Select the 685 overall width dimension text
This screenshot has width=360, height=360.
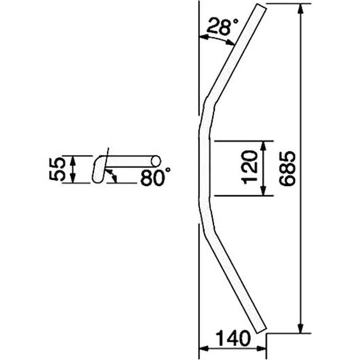[287, 168]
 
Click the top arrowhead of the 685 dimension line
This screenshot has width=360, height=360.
[301, 9]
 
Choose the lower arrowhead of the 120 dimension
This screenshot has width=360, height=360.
[264, 190]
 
